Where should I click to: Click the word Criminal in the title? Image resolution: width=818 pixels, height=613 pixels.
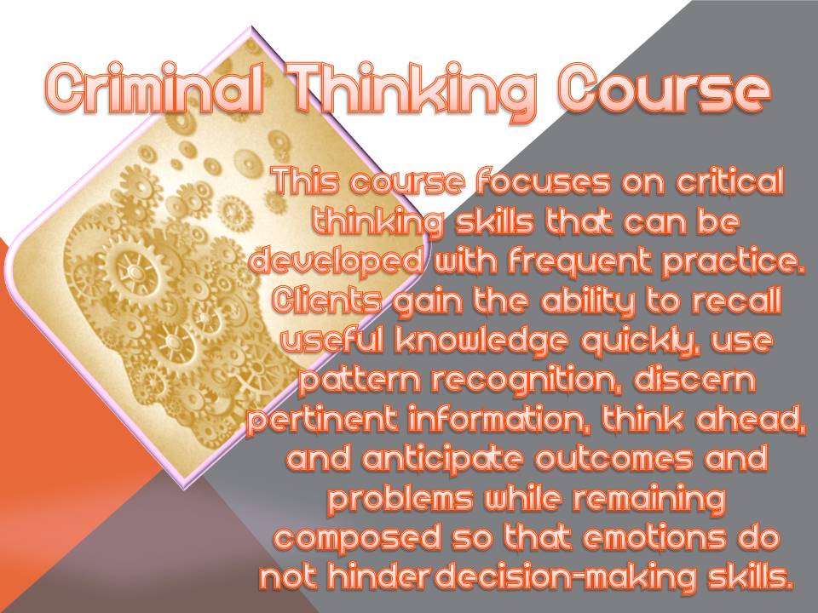click(154, 89)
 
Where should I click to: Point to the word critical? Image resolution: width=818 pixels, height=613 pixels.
click(730, 180)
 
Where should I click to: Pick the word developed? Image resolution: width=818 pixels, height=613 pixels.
click(337, 261)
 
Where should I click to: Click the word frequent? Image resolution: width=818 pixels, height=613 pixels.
click(580, 261)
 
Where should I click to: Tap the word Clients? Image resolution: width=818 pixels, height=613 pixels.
click(327, 301)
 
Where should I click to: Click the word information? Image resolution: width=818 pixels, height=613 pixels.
click(500, 420)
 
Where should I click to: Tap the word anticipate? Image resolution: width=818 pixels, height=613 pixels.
click(442, 460)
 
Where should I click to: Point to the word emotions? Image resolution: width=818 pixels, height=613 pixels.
click(654, 538)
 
